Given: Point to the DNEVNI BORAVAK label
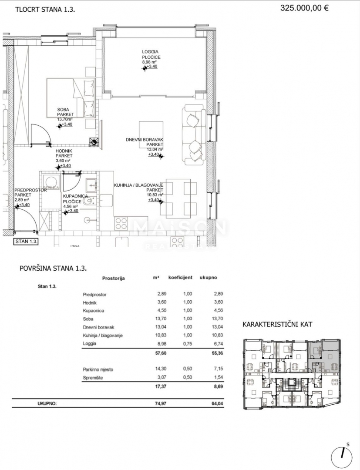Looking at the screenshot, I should pos(144,140).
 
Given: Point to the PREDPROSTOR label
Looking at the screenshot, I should pos(27,190).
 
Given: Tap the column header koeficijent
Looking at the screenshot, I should pos(180,277).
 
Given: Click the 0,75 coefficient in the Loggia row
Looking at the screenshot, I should pos(187,343).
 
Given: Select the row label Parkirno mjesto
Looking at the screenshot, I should pos(98,369).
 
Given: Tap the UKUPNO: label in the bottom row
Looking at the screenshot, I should pos(47,403).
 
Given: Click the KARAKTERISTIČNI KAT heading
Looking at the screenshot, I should pos(277,325).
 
